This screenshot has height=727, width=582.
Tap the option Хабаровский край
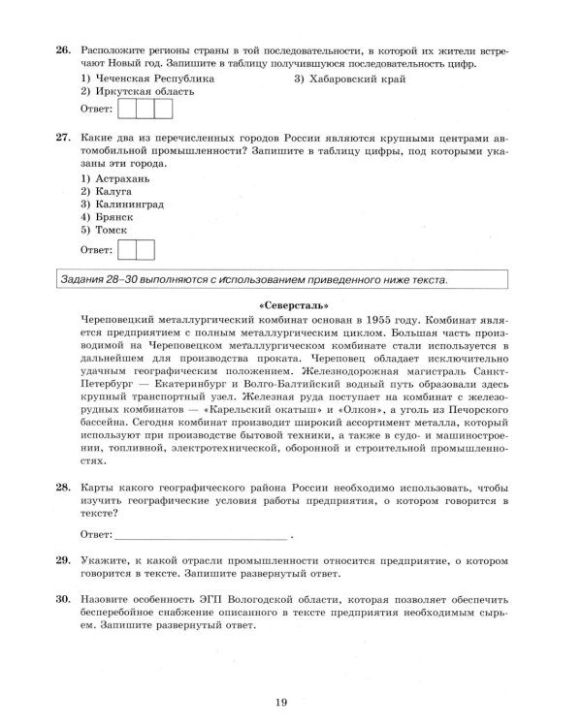tap(356, 78)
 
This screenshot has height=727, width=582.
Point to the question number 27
tap(35, 137)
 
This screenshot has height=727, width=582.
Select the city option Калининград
tap(130, 205)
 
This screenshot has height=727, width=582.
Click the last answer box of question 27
tap(145, 250)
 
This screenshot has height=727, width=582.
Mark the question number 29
tap(35, 560)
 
